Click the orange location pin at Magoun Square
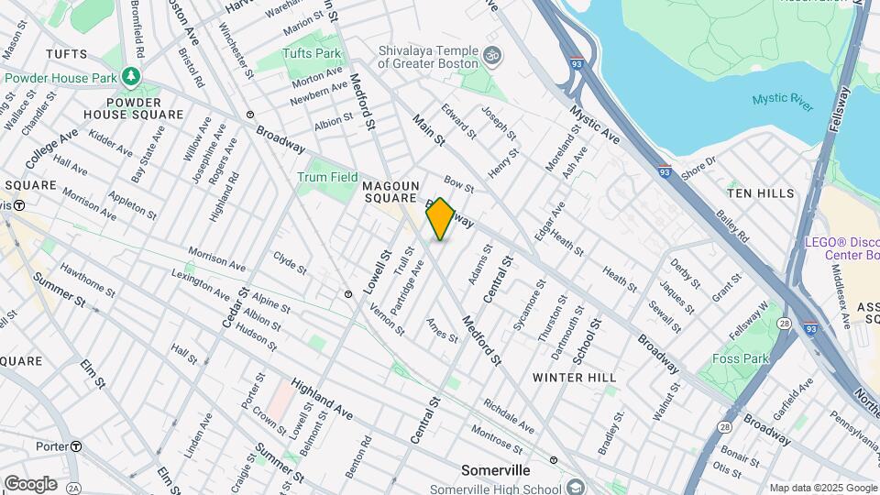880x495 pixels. pos(441,218)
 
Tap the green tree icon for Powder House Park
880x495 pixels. pos(134,74)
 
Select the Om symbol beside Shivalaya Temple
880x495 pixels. pos(493,55)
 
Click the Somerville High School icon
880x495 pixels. pos(576,487)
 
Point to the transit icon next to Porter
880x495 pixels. pos(77,446)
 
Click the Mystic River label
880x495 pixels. pos(782,102)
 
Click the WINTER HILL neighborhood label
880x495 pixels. pos(575,377)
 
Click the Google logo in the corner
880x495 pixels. pos(30,483)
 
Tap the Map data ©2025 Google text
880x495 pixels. pos(822,488)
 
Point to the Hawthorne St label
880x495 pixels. pos(87,280)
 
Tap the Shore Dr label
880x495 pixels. pos(698,164)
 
